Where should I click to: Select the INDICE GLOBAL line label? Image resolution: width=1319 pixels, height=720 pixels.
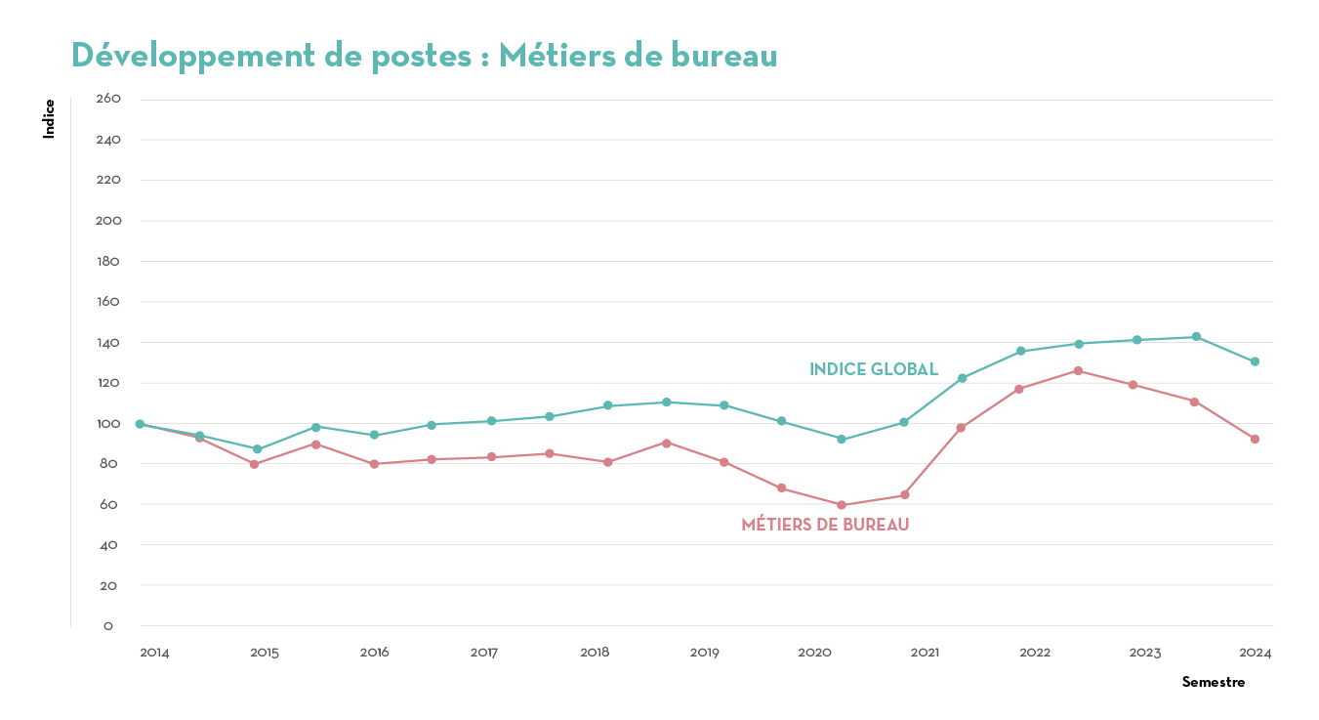[874, 369]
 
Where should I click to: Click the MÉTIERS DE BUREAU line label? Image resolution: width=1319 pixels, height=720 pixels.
[825, 525]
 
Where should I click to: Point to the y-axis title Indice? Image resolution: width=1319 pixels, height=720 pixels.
[49, 118]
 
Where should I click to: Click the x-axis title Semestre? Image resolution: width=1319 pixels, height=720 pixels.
[1213, 682]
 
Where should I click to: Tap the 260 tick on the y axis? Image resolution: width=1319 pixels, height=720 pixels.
[108, 99]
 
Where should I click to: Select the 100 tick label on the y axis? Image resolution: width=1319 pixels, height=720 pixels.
[108, 423]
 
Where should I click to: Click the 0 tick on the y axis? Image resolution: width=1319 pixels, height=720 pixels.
[108, 626]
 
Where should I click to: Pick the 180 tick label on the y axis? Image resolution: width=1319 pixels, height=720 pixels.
[108, 261]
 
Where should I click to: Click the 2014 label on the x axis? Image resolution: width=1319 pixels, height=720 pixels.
[154, 653]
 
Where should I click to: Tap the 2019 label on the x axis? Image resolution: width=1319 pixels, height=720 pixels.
[705, 653]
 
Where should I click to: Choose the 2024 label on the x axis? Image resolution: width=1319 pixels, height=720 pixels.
[1256, 653]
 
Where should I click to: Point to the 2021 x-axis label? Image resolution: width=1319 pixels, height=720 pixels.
[925, 653]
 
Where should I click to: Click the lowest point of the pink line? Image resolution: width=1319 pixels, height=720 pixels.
[842, 505]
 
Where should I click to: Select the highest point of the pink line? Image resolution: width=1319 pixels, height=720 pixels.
[1078, 370]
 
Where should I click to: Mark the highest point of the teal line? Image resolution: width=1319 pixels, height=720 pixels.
[1196, 337]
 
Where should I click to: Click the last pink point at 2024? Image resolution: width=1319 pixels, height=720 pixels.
[1255, 439]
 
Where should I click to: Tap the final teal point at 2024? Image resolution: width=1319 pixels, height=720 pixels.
[1255, 361]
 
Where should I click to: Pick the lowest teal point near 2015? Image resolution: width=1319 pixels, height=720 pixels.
[258, 449]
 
